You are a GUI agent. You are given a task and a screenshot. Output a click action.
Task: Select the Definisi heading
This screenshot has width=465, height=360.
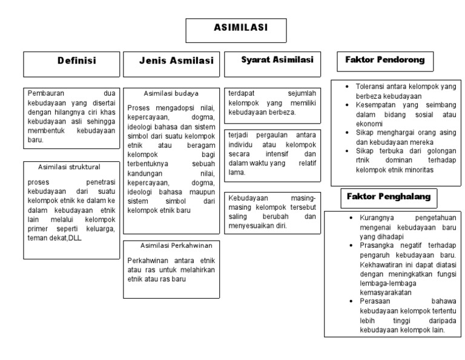click(x=77, y=61)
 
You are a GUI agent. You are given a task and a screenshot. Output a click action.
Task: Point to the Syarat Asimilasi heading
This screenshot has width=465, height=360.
click(x=277, y=60)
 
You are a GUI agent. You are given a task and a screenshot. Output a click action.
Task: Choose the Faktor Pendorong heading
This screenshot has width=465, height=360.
click(x=384, y=60)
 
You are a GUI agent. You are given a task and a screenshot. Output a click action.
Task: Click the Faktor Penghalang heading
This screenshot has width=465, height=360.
click(x=388, y=196)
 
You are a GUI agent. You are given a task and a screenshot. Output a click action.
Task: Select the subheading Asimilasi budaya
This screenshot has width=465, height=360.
click(x=171, y=93)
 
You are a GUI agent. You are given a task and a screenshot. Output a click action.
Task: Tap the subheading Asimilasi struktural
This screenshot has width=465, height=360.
click(x=69, y=166)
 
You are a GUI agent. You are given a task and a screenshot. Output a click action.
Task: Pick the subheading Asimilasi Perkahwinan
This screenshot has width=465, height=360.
click(x=173, y=246)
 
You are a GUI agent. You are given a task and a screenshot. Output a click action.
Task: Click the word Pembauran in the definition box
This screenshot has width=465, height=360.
click(x=44, y=93)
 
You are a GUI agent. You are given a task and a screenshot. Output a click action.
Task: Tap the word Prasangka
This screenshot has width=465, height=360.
click(x=375, y=245)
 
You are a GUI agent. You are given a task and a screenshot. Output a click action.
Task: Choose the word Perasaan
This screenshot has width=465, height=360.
click(x=374, y=302)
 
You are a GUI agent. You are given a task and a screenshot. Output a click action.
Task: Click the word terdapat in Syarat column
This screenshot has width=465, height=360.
click(x=240, y=93)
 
